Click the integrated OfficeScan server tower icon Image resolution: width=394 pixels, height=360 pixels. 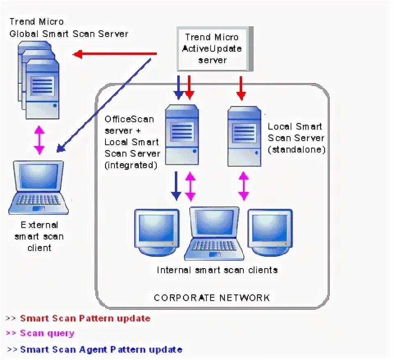(181, 134)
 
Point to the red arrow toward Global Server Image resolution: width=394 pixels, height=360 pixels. (115, 54)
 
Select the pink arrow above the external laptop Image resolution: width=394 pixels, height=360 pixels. (39, 140)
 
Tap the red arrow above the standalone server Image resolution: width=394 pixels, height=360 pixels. (241, 88)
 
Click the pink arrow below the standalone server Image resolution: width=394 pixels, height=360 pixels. (243, 186)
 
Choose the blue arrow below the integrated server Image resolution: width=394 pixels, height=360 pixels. (176, 186)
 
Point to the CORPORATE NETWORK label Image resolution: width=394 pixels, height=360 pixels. (212, 298)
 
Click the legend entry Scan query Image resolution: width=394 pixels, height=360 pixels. (47, 333)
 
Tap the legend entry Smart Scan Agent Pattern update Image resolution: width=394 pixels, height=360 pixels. (101, 350)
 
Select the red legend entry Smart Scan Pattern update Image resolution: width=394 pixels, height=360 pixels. (85, 318)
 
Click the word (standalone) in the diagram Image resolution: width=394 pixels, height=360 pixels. (296, 150)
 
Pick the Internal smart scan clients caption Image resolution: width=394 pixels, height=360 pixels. (217, 270)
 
